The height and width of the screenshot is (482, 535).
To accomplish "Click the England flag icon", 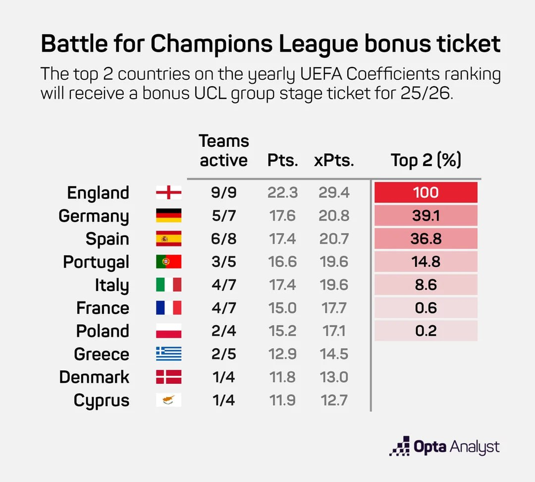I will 168,192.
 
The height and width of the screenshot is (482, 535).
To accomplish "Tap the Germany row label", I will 94,216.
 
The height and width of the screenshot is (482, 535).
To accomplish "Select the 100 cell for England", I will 426,192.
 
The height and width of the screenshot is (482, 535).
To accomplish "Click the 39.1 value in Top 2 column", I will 426,216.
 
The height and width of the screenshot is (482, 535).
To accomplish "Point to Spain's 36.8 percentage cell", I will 426,239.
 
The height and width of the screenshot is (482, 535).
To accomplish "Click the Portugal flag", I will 168,262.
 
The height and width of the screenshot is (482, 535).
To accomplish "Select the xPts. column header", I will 334,161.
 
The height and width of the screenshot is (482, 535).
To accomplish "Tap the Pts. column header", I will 282,161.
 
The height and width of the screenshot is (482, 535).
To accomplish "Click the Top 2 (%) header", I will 426,160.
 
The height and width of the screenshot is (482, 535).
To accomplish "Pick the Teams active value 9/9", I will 223,192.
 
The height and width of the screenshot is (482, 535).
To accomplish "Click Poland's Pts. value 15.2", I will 282,331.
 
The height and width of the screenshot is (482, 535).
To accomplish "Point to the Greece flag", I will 168,354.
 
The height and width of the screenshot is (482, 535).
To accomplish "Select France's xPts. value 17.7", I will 334,308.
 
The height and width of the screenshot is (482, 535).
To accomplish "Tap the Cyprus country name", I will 102,400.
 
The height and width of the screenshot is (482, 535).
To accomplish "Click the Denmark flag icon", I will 168,377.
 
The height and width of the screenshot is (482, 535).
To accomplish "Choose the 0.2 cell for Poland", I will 426,331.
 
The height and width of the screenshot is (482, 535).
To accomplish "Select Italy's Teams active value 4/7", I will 223,285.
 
